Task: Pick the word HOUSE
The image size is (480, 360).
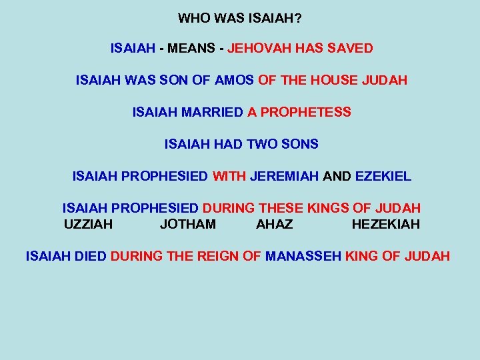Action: click(331, 81)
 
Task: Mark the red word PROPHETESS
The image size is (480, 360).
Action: click(306, 113)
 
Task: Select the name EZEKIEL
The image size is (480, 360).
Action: click(383, 177)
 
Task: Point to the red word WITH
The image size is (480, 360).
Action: click(229, 177)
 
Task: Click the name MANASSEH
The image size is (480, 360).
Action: click(303, 256)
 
